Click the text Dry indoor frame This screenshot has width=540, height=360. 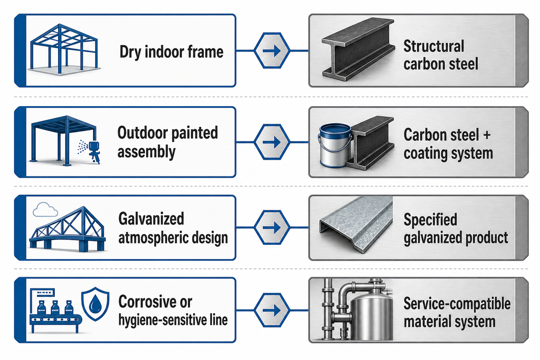tap(171, 52)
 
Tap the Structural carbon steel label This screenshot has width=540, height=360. tap(441, 55)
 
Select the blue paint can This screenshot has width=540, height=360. tap(335, 145)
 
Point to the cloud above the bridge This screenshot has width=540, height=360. tap(45, 209)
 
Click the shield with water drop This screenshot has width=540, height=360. tap(95, 304)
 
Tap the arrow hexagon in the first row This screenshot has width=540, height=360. tap(272, 51)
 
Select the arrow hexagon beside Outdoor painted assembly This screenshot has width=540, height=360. tap(272, 142)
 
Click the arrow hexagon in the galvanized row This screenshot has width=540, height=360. tap(272, 228)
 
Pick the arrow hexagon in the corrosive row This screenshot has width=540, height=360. tap(272, 310)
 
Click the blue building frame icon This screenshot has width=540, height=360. tap(64, 49)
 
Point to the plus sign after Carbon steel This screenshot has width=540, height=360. tap(487, 135)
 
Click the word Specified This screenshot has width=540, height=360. tap(430, 220)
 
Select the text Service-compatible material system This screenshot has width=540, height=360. tap(457, 312)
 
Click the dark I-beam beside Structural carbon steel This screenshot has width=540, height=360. tap(358, 49)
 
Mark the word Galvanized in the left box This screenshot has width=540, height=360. tap(151, 219)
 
